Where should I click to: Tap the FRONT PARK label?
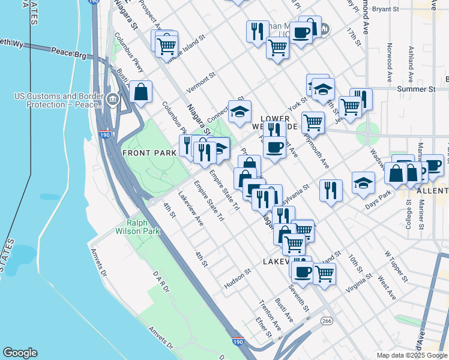[x=149, y=152]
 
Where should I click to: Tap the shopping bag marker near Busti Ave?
[x=140, y=92]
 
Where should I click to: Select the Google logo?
[x=20, y=353]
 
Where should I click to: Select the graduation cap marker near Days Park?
[x=363, y=183]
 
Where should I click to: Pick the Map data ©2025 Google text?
[x=411, y=355]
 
